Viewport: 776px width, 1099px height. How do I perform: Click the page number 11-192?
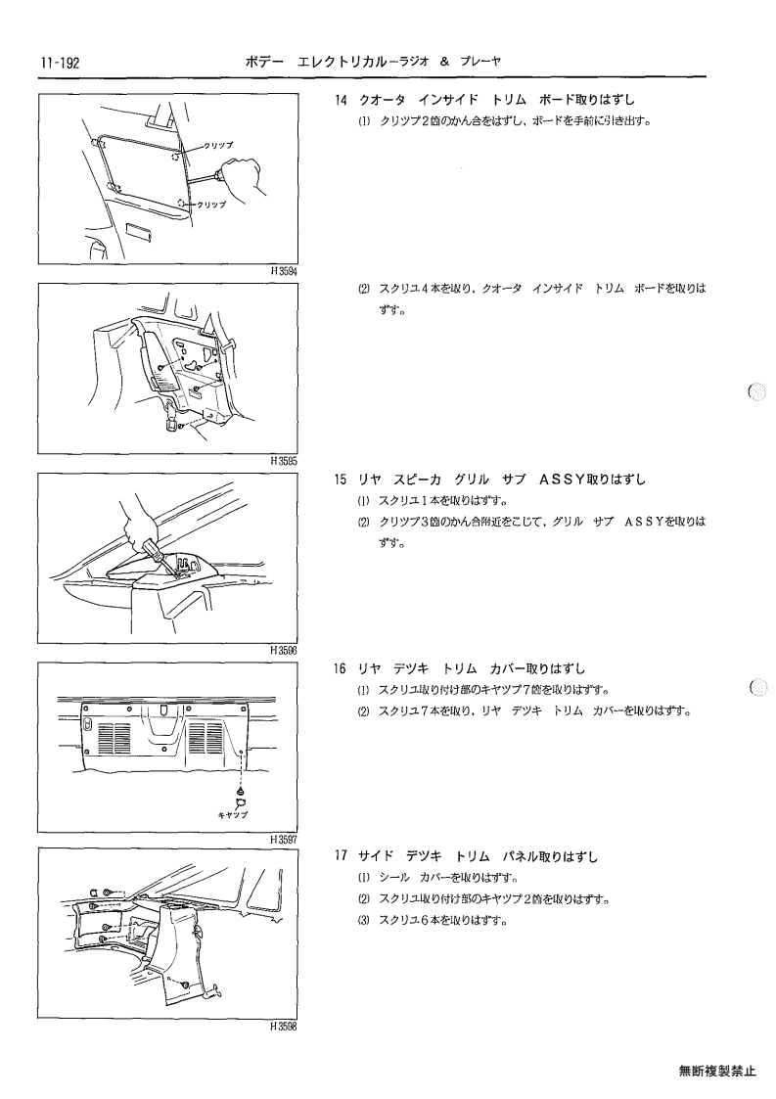[60, 63]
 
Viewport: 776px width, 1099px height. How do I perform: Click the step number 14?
[341, 100]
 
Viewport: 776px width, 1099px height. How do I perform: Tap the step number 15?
[341, 481]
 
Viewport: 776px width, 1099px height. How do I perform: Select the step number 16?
[341, 669]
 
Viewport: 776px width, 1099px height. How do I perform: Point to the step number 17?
[341, 856]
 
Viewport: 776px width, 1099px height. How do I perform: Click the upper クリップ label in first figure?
[218, 145]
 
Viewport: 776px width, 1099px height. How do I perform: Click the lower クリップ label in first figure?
[211, 205]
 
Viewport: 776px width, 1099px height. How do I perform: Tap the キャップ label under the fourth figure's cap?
[234, 815]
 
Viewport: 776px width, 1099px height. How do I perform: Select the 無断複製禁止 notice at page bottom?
[717, 1071]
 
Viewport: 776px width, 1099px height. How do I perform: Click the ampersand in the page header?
[444, 62]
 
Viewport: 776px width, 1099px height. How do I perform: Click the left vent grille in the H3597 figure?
[114, 739]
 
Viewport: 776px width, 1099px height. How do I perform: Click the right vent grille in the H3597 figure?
[206, 739]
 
